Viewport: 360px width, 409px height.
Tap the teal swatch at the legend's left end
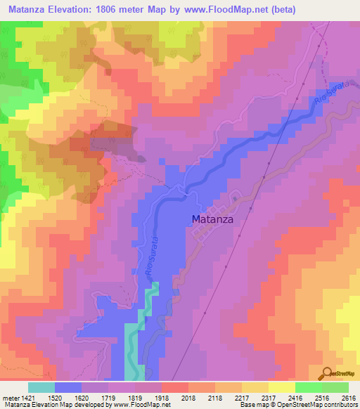point(41,387)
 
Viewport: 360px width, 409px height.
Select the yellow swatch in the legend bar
point(281,387)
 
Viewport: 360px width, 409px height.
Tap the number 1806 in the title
point(124,10)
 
